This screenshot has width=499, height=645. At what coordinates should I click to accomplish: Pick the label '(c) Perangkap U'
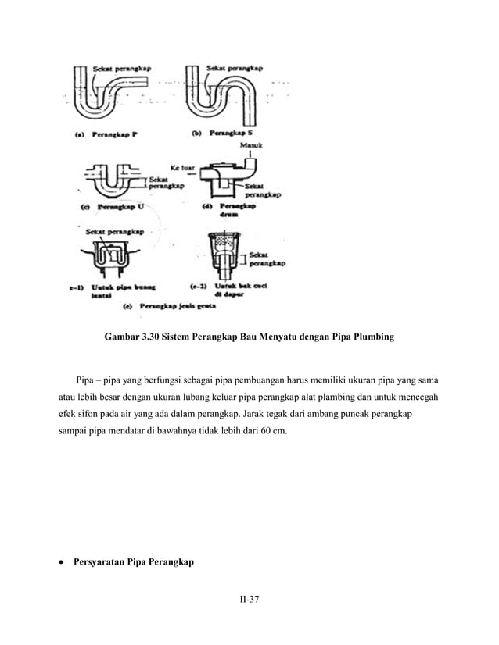[x=113, y=207]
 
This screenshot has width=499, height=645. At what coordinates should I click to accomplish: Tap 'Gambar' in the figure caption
[x=122, y=338]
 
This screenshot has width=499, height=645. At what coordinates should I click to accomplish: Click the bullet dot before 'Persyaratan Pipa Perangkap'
[x=62, y=562]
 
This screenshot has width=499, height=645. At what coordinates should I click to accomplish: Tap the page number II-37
[x=249, y=600]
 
